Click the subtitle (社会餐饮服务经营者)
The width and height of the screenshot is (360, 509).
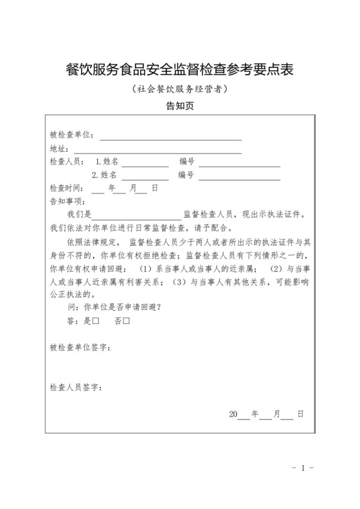179,90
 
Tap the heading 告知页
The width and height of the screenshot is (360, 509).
179,107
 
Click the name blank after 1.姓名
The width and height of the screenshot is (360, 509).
145,165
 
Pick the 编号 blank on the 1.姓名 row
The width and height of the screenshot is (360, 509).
239,165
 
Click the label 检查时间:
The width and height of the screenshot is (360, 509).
67,189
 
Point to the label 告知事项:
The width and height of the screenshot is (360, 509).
67,201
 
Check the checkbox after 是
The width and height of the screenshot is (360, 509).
95,320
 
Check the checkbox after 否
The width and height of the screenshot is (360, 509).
127,320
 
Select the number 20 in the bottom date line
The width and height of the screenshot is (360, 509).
233,415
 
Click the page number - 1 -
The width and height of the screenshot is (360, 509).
301,468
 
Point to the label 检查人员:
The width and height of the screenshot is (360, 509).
67,163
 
